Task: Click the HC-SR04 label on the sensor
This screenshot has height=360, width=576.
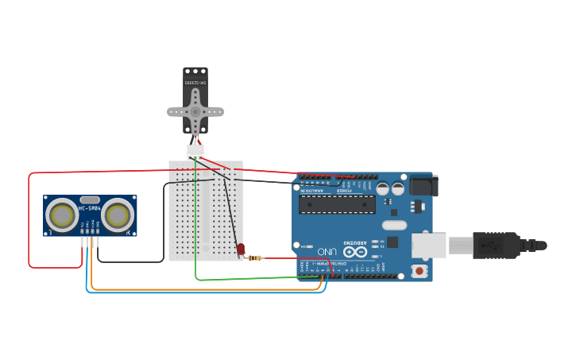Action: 89,209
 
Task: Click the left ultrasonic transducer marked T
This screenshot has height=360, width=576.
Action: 62,215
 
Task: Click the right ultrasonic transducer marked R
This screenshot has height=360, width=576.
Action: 118,215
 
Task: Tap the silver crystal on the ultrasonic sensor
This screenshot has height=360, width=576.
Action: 90,199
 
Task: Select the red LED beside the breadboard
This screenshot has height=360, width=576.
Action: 241,250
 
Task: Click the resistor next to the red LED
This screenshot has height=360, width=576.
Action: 254,257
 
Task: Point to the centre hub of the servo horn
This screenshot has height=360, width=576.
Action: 195,112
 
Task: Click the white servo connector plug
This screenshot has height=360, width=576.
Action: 195,151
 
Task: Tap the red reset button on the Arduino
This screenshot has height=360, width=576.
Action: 419,271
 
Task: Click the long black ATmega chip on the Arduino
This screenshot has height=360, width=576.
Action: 337,204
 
